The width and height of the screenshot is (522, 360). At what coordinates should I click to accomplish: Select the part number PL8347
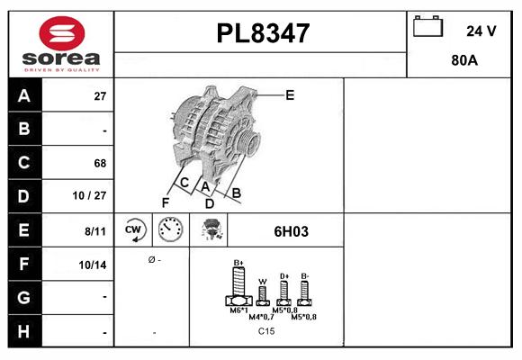tap(263, 33)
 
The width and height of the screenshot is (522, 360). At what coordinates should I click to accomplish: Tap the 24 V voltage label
tap(481, 31)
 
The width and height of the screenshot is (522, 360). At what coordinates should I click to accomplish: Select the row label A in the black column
tap(24, 95)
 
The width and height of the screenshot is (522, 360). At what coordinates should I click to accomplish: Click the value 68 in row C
tap(99, 163)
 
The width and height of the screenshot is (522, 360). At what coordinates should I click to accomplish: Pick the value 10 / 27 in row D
tap(93, 196)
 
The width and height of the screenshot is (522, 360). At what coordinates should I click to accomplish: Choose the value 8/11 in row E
tap(94, 230)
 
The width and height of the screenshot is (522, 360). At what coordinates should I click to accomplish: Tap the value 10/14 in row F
tap(93, 265)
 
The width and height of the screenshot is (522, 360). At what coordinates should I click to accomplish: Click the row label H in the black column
tap(24, 331)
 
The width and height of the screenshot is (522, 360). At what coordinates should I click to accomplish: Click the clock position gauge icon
tap(169, 230)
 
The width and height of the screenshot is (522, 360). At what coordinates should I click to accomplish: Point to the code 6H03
tap(291, 231)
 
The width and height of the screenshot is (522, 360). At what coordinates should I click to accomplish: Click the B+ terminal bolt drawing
tap(239, 290)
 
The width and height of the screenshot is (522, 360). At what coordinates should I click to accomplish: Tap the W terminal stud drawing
tap(263, 297)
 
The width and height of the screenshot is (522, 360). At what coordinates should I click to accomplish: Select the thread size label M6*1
tap(239, 310)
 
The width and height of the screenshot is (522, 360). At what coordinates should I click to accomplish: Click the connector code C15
tap(266, 331)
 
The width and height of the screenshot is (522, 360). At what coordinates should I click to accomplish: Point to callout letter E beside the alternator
tap(290, 94)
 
